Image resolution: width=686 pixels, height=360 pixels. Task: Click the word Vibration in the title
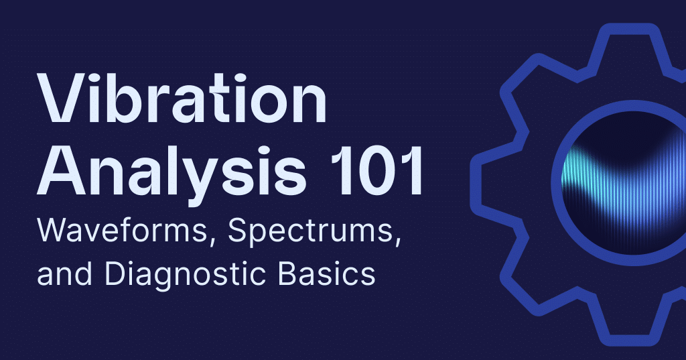tap(182, 98)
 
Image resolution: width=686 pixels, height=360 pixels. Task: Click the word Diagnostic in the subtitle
tap(185, 275)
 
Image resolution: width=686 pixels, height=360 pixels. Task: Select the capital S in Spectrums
tap(238, 231)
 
